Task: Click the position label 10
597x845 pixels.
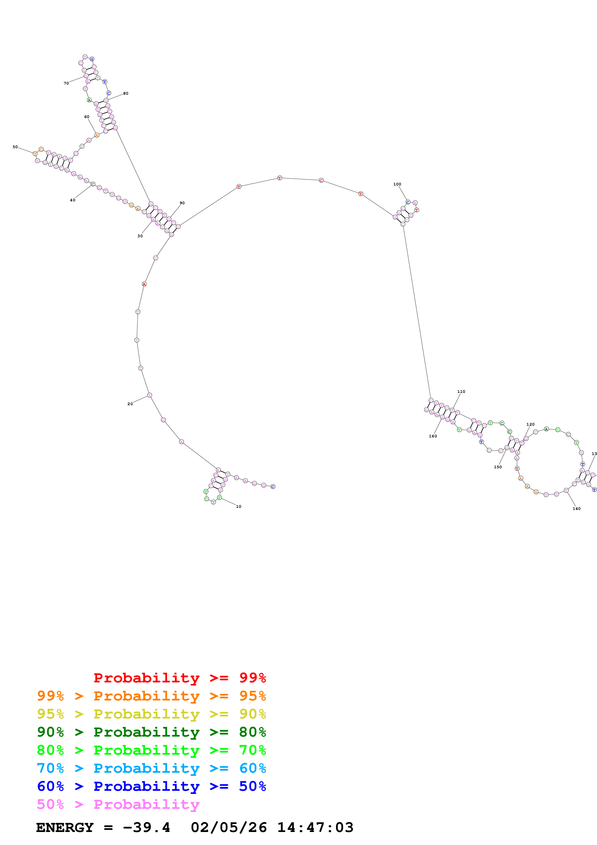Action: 238,506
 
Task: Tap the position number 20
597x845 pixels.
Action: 130,404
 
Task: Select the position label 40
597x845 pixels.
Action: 72,200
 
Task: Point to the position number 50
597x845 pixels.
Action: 15,147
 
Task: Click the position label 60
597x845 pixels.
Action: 86,117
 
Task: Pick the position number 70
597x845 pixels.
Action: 66,83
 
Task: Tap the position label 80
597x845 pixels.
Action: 126,93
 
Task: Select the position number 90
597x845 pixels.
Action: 182,203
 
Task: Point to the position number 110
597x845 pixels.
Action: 461,392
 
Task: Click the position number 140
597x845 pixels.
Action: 576,509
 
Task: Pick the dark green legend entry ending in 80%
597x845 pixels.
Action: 151,732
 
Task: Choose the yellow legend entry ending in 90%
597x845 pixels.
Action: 151,714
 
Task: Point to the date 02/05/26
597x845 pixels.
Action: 229,827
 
